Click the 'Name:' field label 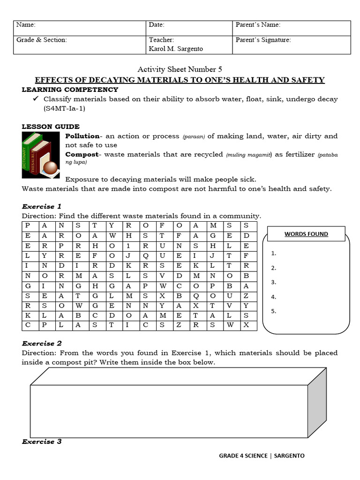26,25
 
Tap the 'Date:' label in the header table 157,25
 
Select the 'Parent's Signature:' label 263,40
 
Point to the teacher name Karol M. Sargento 176,49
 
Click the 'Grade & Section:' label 42,40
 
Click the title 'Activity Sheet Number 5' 180,69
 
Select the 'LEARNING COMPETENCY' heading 70,90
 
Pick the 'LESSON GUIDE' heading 51,127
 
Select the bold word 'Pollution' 82,136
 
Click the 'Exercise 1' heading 42,206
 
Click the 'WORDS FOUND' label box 306,233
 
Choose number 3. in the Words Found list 274,282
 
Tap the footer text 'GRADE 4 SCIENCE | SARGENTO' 262,455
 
